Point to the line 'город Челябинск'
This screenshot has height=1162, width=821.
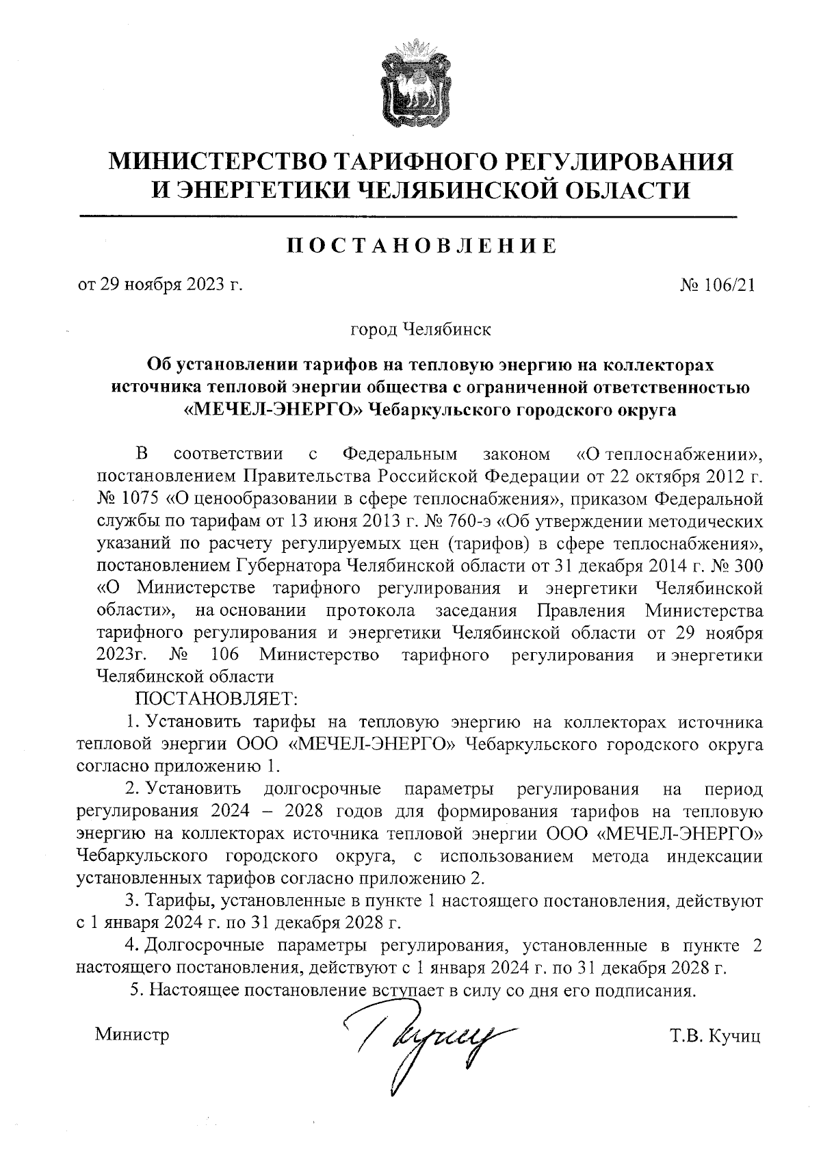click(x=420, y=330)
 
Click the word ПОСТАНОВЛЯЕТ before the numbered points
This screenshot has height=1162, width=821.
click(x=216, y=699)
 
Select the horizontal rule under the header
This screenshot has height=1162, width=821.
click(x=408, y=217)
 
